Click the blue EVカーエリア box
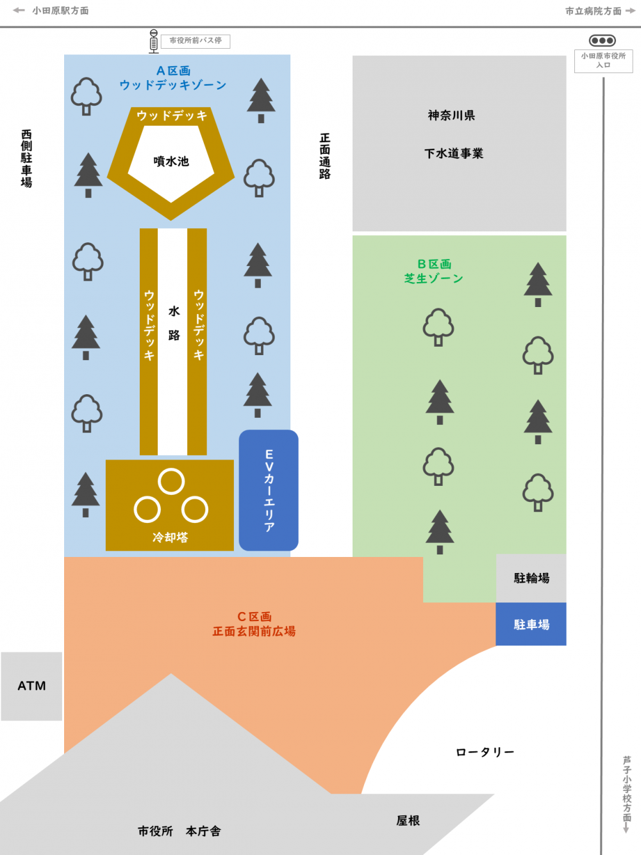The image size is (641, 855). tap(269, 490)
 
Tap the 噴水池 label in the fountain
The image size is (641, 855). tap(171, 162)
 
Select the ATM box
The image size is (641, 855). tap(31, 686)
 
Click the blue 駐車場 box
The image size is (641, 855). tap(531, 624)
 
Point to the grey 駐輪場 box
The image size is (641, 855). tap(531, 578)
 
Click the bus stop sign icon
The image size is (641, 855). tap(153, 41)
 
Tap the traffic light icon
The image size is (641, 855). tap(602, 40)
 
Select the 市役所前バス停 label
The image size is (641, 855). tap(196, 41)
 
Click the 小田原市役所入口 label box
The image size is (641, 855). tap(603, 61)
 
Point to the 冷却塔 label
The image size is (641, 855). tap(170, 537)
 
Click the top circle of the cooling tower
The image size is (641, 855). tap(171, 481)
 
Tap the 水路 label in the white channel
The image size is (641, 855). tap(174, 323)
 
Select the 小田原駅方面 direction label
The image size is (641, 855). tap(60, 11)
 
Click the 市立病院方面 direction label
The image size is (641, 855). tap(594, 11)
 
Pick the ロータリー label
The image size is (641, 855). tap(485, 752)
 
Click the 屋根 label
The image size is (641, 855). tap(408, 820)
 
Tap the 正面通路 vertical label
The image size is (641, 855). tap(325, 156)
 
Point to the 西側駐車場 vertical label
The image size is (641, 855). tap(26, 158)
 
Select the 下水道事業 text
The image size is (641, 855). tap(454, 154)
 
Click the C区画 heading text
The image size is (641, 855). tap(254, 617)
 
